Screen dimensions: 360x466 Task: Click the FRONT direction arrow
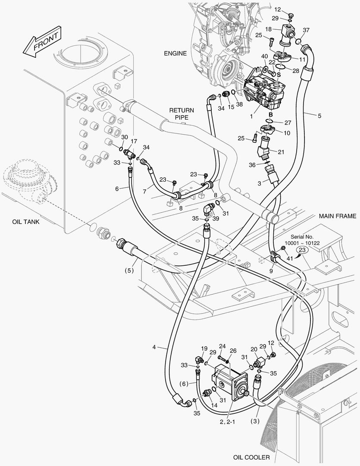(42, 41)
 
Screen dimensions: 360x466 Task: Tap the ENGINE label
(175, 53)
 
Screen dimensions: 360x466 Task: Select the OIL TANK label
(26, 222)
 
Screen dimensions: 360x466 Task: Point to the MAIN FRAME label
(338, 216)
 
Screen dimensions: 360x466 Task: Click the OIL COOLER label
(251, 457)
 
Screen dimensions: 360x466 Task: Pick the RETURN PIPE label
(182, 114)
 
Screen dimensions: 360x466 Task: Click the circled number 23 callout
(302, 250)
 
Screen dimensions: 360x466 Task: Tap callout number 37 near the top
(306, 30)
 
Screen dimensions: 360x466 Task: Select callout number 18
(269, 29)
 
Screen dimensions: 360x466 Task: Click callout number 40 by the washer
(264, 57)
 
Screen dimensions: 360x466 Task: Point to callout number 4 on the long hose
(154, 347)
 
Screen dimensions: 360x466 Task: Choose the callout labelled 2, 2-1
(227, 422)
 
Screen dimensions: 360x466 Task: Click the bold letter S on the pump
(279, 75)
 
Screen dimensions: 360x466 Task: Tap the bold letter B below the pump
(271, 114)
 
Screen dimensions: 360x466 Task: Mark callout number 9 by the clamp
(272, 271)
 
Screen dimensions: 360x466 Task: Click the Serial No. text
(302, 237)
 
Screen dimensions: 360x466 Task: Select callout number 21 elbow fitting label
(281, 152)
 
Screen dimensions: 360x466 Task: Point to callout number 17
(134, 141)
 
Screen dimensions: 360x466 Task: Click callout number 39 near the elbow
(216, 218)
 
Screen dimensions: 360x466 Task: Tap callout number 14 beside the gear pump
(214, 405)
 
